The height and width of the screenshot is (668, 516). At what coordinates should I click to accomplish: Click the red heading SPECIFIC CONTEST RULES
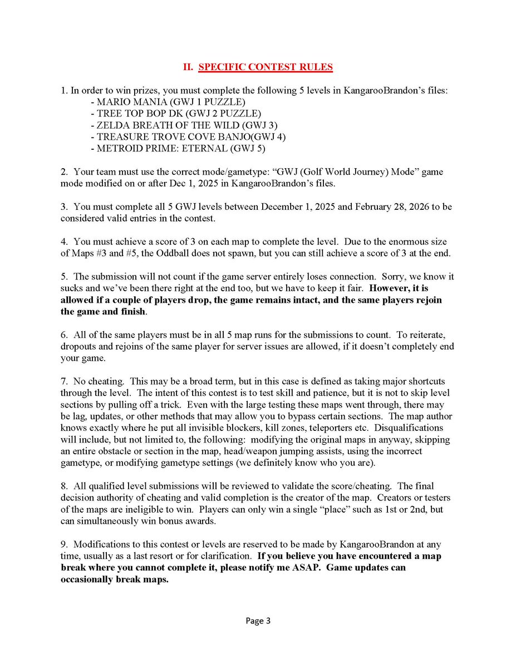[x=266, y=67]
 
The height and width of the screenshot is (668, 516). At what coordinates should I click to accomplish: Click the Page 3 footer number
[x=258, y=621]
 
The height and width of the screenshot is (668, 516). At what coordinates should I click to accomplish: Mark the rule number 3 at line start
[x=63, y=207]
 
